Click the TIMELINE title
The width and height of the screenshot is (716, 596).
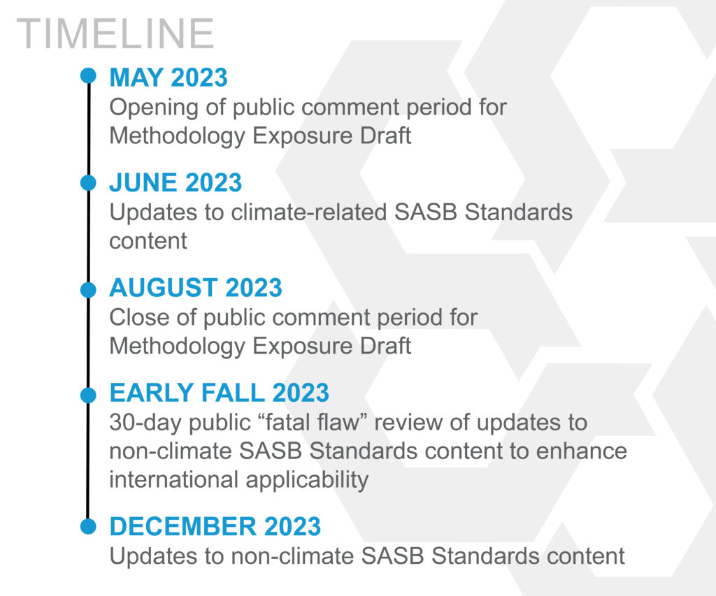point(115,34)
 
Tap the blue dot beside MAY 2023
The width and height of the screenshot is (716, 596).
point(88,75)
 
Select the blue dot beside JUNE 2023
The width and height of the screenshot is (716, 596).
point(88,182)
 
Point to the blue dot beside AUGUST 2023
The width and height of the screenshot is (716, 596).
point(88,289)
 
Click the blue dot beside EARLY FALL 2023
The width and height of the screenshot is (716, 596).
point(88,395)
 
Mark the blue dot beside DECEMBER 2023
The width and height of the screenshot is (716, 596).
point(88,525)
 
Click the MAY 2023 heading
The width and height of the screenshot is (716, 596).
point(169,77)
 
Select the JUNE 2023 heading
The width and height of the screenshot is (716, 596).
point(176,182)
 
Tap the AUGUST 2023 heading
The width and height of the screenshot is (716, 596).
point(196,287)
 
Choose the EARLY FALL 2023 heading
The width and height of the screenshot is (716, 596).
point(219,393)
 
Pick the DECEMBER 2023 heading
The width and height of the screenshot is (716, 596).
point(215,526)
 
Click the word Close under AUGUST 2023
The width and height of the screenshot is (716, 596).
point(139,317)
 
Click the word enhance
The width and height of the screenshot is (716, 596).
point(581,451)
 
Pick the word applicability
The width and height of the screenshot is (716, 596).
point(307,481)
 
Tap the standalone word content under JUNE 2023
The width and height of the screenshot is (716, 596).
point(148,242)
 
